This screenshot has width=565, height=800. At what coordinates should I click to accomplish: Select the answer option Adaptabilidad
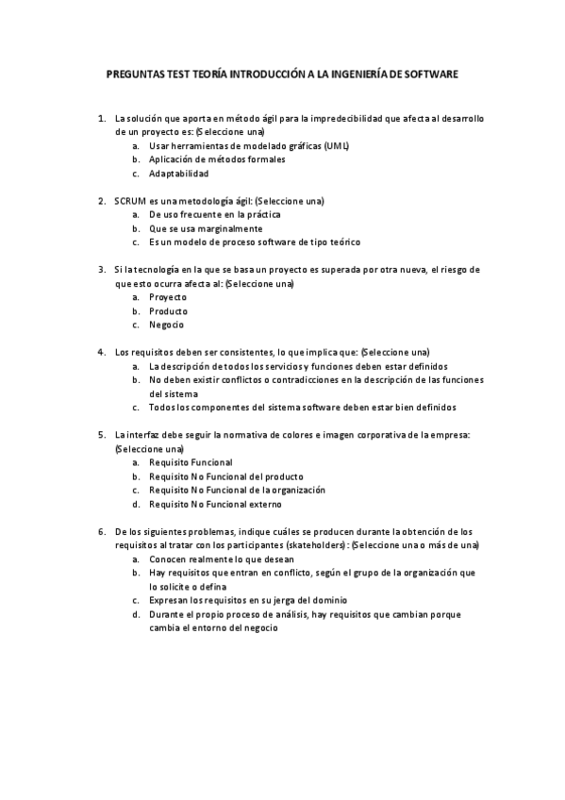[179, 174]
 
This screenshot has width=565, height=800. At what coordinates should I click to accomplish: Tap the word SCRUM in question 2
[130, 201]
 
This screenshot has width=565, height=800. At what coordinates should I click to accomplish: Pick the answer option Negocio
[167, 325]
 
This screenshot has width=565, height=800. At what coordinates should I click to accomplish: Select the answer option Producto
[169, 311]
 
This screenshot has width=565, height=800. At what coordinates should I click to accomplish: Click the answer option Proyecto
[168, 298]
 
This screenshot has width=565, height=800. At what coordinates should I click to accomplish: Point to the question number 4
[101, 353]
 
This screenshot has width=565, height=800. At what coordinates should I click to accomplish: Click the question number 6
[101, 532]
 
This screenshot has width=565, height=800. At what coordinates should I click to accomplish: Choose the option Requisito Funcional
[191, 463]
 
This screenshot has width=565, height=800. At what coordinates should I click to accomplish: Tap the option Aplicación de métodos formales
[217, 159]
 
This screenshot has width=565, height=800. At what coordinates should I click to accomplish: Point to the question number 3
[101, 270]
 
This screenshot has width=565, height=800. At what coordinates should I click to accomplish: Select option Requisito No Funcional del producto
[226, 476]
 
